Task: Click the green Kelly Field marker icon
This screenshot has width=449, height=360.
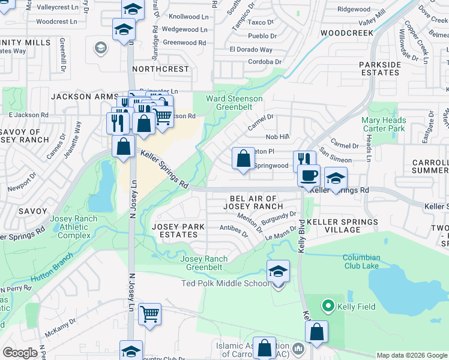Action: pos(328,307)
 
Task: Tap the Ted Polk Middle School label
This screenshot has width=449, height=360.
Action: pos(229,283)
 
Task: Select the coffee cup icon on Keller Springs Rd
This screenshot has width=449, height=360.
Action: pos(309,176)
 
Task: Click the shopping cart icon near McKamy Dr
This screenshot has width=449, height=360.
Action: pos(149,313)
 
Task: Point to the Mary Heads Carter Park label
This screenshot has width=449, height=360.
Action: pos(384,124)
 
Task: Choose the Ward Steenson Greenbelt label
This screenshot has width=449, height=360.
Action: pos(234,103)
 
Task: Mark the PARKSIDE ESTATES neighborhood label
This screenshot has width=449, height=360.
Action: pos(379,68)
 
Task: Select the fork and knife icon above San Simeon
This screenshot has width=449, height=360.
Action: pos(304,160)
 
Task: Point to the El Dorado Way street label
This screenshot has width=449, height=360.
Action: pos(251,50)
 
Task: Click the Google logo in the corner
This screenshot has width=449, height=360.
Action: pos(19,353)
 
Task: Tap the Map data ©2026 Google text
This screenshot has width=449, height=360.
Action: pos(412,355)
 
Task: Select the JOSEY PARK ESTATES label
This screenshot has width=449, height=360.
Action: pos(178,231)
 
